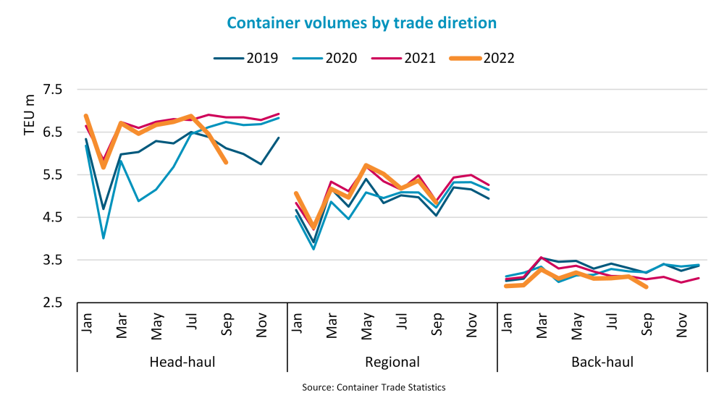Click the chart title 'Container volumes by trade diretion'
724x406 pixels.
(x=362, y=22)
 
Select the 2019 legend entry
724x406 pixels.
(x=246, y=58)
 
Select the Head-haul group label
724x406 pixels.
(x=181, y=362)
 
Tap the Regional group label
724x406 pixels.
(x=392, y=362)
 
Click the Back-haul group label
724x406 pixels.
(x=602, y=362)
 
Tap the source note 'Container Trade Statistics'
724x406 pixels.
(x=374, y=387)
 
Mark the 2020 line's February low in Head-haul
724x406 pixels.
(x=104, y=237)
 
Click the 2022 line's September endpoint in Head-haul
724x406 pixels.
(x=227, y=163)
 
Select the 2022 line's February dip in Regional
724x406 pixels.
(x=314, y=228)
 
